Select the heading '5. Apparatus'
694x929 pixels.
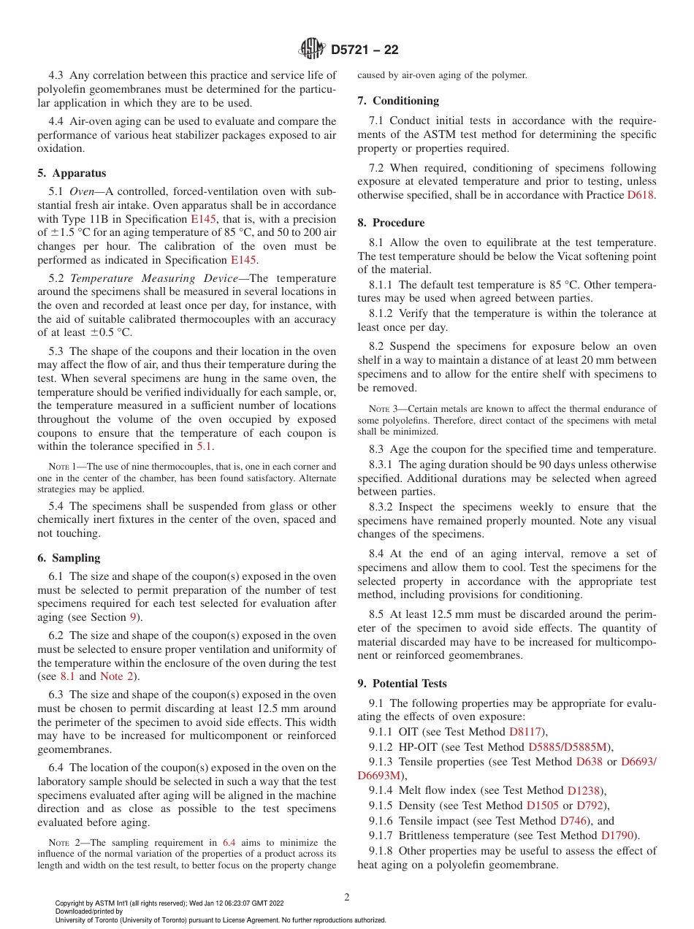[72, 173]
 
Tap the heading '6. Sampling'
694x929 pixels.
[69, 558]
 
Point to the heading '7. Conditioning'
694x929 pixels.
[398, 101]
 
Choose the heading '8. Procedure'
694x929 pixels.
[391, 223]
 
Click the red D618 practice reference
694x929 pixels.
[641, 196]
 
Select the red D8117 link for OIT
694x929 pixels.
[526, 732]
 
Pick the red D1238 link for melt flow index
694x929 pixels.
[585, 791]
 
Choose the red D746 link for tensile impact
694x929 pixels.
[573, 821]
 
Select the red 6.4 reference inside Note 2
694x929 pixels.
[228, 843]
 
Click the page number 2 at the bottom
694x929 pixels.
[347, 898]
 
